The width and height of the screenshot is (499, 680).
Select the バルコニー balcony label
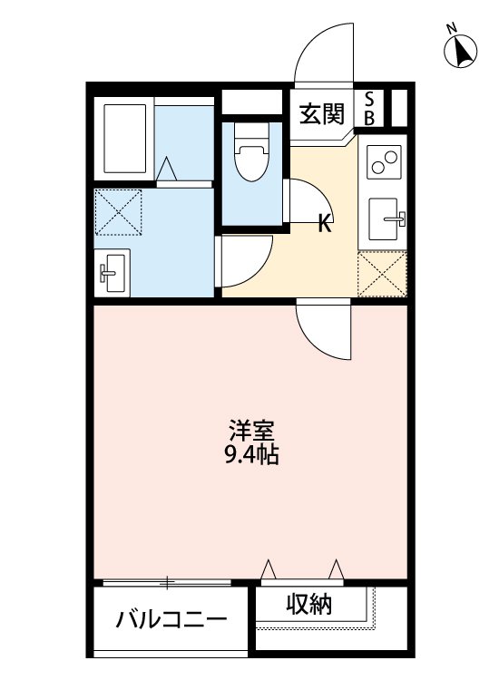pos(171,622)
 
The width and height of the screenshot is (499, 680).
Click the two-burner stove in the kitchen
pos(384,163)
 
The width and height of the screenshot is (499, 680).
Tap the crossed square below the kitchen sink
pos(382,274)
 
